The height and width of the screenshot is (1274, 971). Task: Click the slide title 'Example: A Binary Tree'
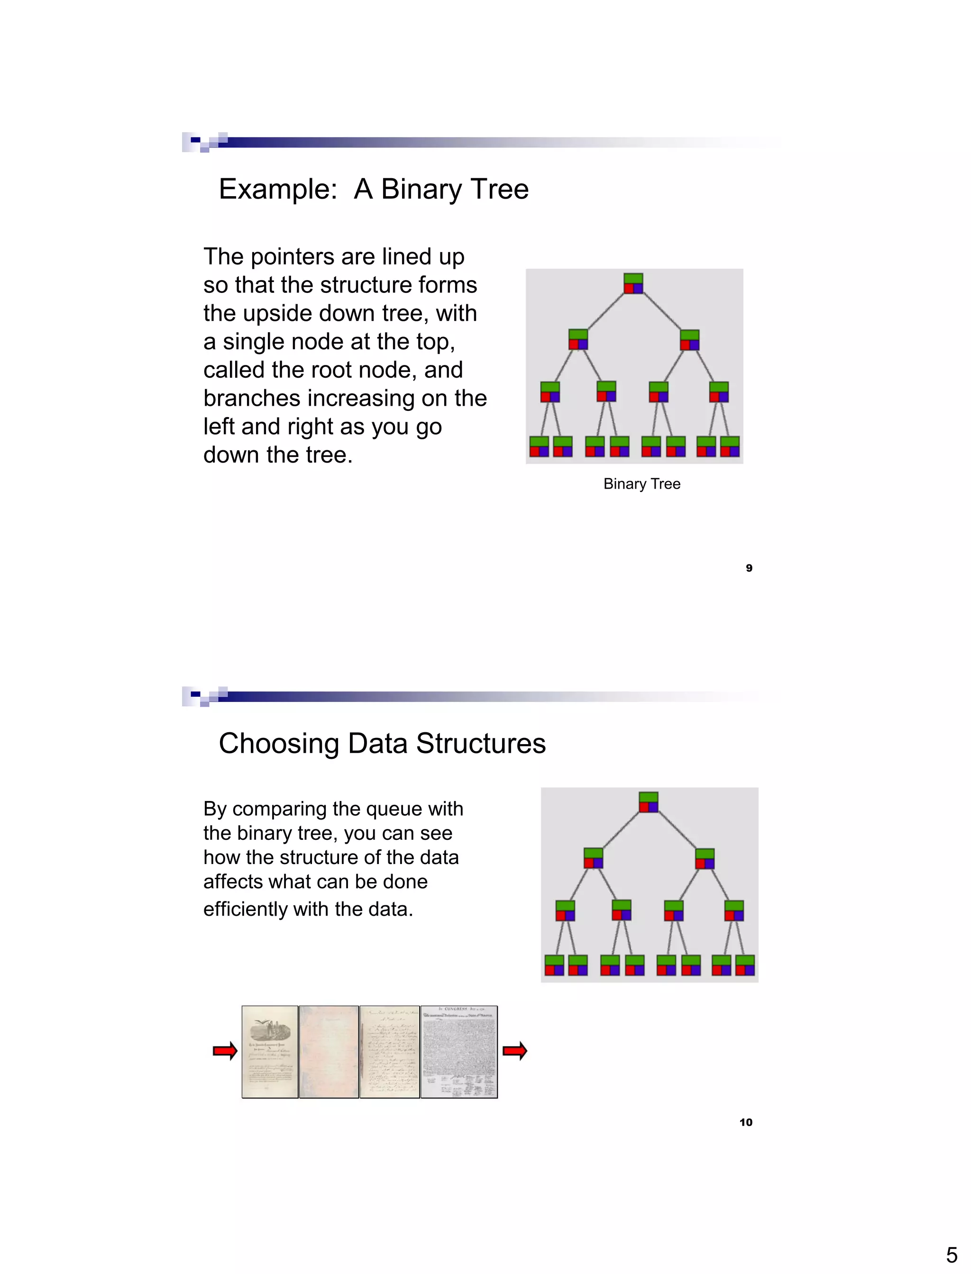[374, 190]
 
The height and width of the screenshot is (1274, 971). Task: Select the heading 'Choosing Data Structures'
[382, 744]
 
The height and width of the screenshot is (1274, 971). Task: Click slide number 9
[749, 568]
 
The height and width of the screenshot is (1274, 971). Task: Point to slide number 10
[746, 1122]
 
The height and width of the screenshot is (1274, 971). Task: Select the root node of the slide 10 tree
[648, 802]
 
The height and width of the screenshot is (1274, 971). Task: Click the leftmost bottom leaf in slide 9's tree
[539, 446]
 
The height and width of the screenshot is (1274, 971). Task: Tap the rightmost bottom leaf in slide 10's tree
[744, 965]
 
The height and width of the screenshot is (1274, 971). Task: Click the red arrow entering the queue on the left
[225, 1050]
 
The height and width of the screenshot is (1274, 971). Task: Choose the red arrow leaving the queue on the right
[514, 1050]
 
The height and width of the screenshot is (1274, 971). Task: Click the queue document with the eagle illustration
[270, 1052]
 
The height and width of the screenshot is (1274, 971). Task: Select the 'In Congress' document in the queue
[459, 1052]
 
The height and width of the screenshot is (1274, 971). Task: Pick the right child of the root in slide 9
[689, 340]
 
